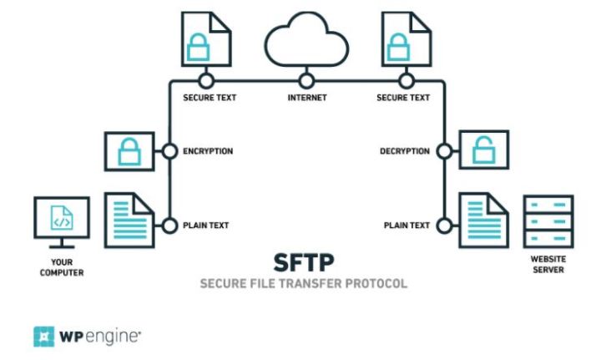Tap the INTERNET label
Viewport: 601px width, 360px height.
[306, 98]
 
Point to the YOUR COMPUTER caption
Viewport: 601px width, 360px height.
[61, 266]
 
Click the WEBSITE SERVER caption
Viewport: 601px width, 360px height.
[548, 265]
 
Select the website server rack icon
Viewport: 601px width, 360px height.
[548, 221]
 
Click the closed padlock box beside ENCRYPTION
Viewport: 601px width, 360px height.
[128, 152]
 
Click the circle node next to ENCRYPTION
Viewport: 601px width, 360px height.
[169, 152]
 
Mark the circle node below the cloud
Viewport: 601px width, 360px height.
[306, 81]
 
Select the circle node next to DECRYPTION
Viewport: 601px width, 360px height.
[444, 152]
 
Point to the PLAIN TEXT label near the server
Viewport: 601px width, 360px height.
[407, 226]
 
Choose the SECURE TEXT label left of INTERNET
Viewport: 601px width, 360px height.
[210, 98]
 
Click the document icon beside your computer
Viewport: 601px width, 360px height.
[129, 219]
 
